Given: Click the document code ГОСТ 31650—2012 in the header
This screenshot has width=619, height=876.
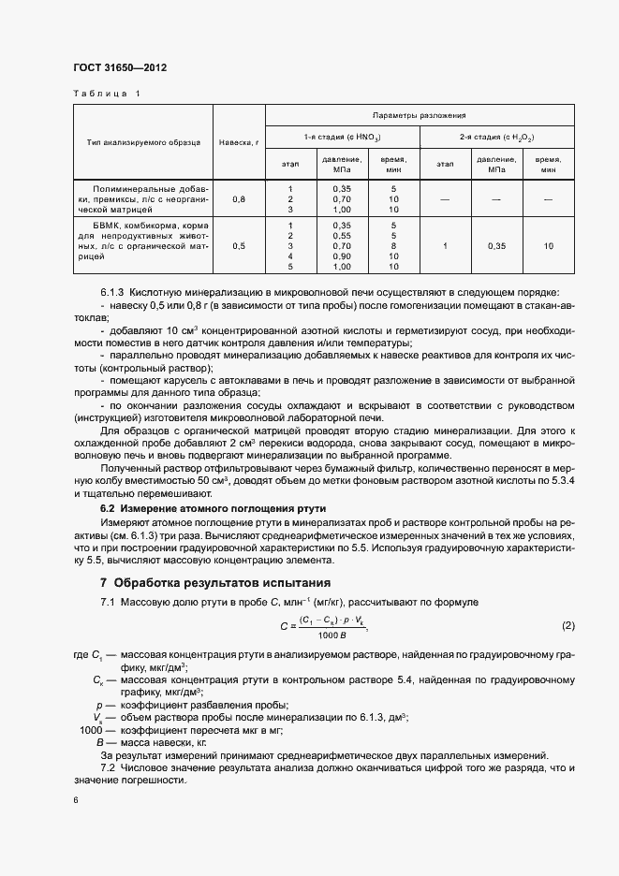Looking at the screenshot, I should pyautogui.click(x=121, y=68).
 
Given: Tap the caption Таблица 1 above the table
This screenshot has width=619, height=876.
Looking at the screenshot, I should pyautogui.click(x=105, y=95).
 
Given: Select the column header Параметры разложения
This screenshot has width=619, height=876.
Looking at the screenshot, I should pyautogui.click(x=419, y=115).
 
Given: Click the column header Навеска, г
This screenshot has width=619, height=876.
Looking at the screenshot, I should pyautogui.click(x=239, y=142).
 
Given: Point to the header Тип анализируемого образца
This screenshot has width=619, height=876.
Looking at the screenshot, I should pyautogui.click(x=143, y=142).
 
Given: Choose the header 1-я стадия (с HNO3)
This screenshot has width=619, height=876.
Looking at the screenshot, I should pyautogui.click(x=342, y=137).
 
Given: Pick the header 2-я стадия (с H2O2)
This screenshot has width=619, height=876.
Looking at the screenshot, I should pyautogui.click(x=496, y=137).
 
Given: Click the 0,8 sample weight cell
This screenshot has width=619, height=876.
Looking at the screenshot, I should pyautogui.click(x=239, y=199).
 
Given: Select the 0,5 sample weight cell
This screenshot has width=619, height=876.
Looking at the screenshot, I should pyautogui.click(x=239, y=246).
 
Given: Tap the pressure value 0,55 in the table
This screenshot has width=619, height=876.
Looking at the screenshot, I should pyautogui.click(x=342, y=235).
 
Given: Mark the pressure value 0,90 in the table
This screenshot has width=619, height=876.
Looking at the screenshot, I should pyautogui.click(x=342, y=255).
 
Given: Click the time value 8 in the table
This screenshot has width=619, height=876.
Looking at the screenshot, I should pyautogui.click(x=393, y=245).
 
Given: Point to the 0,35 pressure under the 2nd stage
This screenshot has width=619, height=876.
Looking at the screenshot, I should pyautogui.click(x=496, y=246).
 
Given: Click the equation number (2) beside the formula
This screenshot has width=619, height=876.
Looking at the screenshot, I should pyautogui.click(x=567, y=624).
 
